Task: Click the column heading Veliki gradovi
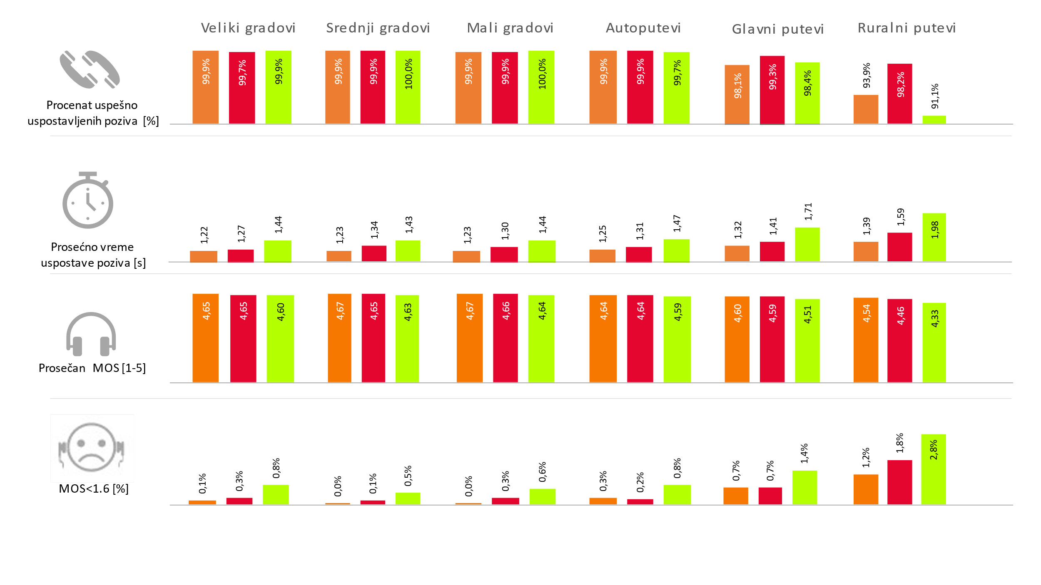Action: [248, 28]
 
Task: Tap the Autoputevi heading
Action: [643, 28]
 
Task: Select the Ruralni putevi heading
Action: [907, 28]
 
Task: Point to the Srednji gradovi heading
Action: [378, 28]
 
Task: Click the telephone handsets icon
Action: [90, 69]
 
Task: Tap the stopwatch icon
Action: [88, 201]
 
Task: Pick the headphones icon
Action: [91, 334]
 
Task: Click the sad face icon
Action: [91, 447]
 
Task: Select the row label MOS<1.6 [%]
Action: [94, 488]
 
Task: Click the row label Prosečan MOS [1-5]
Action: [92, 368]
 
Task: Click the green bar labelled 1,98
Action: [934, 237]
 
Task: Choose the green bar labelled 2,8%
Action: [933, 469]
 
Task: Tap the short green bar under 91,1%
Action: [934, 119]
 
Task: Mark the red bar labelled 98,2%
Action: [899, 94]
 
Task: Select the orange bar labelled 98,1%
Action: [737, 94]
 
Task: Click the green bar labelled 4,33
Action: [934, 342]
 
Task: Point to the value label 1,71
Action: [808, 212]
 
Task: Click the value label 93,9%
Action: [867, 76]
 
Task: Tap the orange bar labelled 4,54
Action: [866, 340]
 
